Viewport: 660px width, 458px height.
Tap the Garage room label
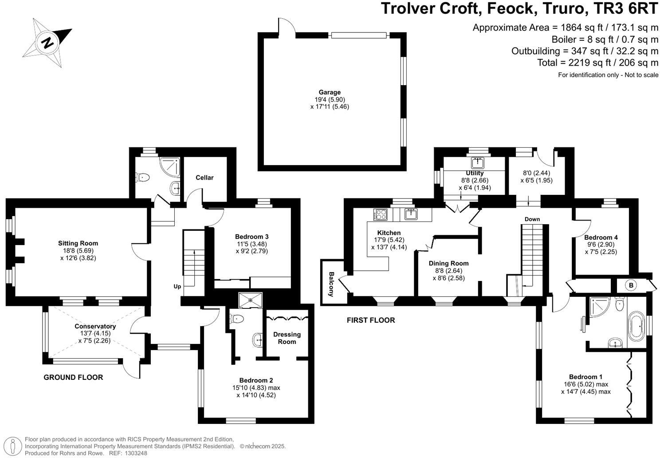pos(330,92)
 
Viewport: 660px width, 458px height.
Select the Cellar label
pos(204,178)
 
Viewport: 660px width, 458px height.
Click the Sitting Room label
pos(78,243)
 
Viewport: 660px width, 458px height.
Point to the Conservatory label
pos(95,326)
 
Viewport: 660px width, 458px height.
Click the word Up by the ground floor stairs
pos(177,286)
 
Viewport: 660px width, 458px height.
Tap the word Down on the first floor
pos(532,219)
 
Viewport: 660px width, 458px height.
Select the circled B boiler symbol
pos(631,285)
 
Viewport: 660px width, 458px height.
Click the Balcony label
pos(331,284)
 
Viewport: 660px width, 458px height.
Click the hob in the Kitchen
pos(380,214)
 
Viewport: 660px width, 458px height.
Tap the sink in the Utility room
pos(477,163)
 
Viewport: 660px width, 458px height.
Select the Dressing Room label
pos(287,338)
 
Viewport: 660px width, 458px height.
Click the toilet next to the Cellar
pos(143,178)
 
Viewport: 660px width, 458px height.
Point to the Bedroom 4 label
pos(601,237)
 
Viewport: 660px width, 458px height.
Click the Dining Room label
pos(448,263)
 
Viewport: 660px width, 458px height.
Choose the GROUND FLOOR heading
pos(73,377)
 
